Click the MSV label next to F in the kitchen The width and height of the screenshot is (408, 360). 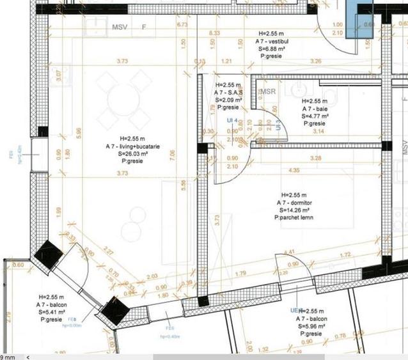(120, 27)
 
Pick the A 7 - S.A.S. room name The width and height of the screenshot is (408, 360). (228, 92)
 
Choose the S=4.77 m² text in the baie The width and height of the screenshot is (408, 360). (315, 116)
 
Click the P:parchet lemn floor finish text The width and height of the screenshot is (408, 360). (294, 218)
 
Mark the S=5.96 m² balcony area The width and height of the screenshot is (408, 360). (311, 325)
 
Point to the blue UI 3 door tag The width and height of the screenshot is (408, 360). (279, 124)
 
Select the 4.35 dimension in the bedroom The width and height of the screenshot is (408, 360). (294, 171)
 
